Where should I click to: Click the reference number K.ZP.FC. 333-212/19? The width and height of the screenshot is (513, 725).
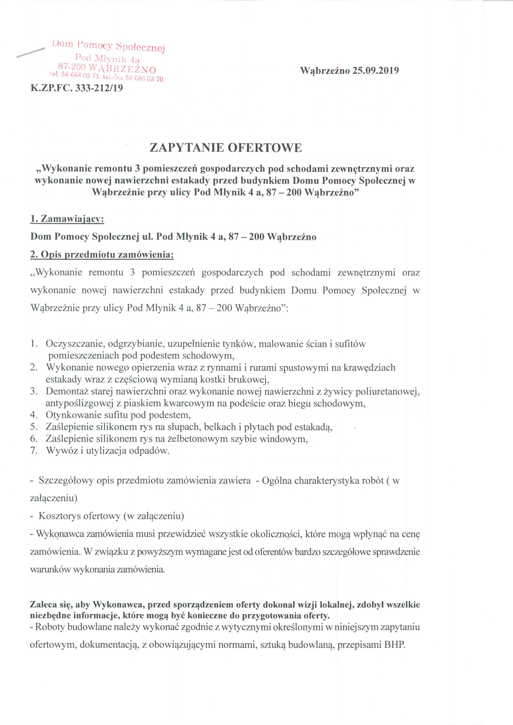(x=77, y=88)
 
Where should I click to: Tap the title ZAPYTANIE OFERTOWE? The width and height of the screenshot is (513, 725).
(x=225, y=148)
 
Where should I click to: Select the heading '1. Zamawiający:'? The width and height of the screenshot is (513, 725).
(x=67, y=220)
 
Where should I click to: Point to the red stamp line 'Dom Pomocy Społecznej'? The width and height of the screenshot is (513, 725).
(x=109, y=47)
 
